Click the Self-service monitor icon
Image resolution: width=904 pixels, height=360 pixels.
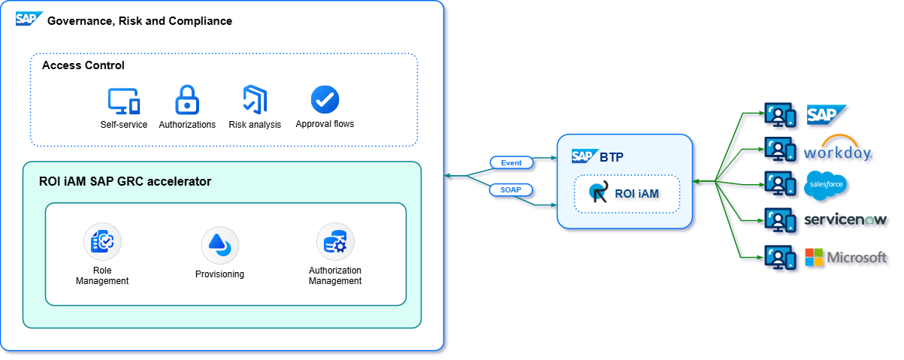(124, 101)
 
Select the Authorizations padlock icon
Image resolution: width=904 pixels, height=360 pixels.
(187, 100)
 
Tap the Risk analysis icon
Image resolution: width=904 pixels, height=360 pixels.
(255, 100)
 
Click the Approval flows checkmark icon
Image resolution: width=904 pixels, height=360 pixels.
(325, 100)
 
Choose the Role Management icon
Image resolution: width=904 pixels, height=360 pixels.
(102, 241)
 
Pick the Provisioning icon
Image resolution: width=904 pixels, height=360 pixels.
(219, 244)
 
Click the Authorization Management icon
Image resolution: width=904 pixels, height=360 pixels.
(335, 241)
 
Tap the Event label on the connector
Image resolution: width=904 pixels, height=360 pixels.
(511, 162)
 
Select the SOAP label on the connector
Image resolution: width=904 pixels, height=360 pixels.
(511, 189)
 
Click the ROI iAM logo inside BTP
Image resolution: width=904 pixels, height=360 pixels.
(599, 193)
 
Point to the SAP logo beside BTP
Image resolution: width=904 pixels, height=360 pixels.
(583, 156)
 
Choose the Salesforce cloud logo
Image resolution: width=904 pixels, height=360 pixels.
(827, 186)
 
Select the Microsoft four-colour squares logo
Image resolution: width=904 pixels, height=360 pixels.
(814, 257)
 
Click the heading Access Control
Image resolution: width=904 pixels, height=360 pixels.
(83, 65)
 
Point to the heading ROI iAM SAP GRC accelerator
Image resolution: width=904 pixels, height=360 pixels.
(125, 181)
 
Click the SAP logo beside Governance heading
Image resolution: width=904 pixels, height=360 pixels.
(29, 19)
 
